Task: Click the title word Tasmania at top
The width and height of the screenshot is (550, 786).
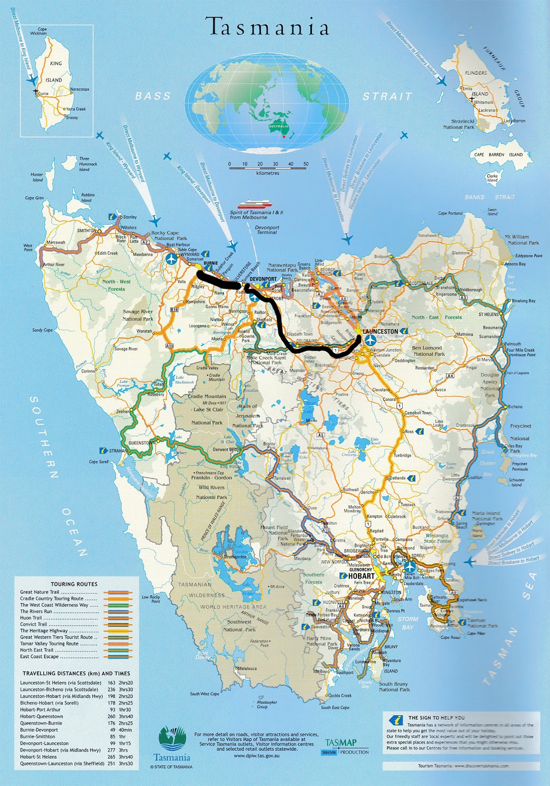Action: pyautogui.click(x=268, y=27)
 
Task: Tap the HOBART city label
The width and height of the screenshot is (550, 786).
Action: pyautogui.click(x=361, y=576)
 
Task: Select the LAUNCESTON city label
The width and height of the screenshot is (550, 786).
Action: pyautogui.click(x=380, y=332)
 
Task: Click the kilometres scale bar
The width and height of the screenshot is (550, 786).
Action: pyautogui.click(x=268, y=168)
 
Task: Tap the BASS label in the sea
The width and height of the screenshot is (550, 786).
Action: pyautogui.click(x=153, y=96)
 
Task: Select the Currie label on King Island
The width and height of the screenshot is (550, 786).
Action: pyautogui.click(x=43, y=93)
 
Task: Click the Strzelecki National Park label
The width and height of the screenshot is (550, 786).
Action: pyautogui.click(x=459, y=124)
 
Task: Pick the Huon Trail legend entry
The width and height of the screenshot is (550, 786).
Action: pyautogui.click(x=31, y=618)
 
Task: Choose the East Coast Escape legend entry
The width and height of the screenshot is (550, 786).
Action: pyautogui.click(x=39, y=656)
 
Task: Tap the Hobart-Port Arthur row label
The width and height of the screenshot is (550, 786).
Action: pyautogui.click(x=40, y=709)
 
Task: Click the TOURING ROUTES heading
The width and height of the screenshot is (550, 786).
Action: pyautogui.click(x=74, y=584)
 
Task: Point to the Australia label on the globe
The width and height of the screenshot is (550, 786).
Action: pyautogui.click(x=278, y=126)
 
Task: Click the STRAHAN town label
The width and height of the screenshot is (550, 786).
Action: pyautogui.click(x=118, y=450)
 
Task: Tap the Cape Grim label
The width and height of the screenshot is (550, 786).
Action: pyautogui.click(x=34, y=198)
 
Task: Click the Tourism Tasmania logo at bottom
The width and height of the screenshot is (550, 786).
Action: pyautogui.click(x=172, y=744)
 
